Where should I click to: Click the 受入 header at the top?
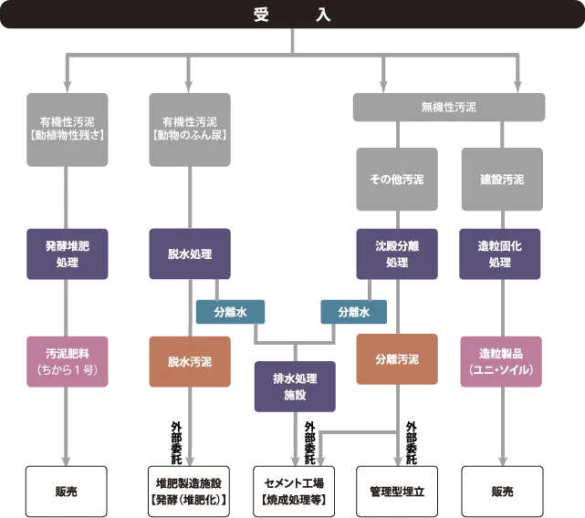(292, 15)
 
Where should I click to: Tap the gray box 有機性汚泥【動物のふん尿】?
(190, 127)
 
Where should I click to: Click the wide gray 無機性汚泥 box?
(448, 107)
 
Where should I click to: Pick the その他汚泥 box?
(396, 180)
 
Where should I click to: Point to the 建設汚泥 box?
(502, 180)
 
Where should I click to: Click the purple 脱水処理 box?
(190, 254)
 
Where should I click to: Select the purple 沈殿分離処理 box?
(396, 254)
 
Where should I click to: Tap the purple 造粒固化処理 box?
(502, 254)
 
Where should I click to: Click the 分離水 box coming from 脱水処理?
(230, 312)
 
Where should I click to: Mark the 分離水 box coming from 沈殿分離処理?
(352, 312)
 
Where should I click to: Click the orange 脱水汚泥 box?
(189, 361)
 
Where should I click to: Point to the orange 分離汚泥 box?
(396, 359)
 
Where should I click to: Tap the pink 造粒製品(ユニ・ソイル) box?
(502, 361)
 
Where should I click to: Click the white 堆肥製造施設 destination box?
(189, 491)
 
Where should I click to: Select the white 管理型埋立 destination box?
(397, 491)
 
